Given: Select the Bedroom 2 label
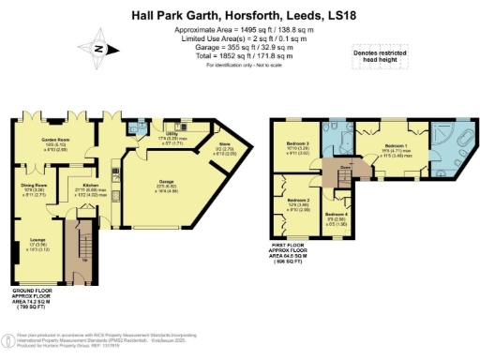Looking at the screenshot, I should pyautogui.click(x=297, y=203).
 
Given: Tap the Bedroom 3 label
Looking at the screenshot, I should pyautogui.click(x=297, y=147).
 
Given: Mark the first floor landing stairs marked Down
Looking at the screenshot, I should pyautogui.click(x=343, y=172).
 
